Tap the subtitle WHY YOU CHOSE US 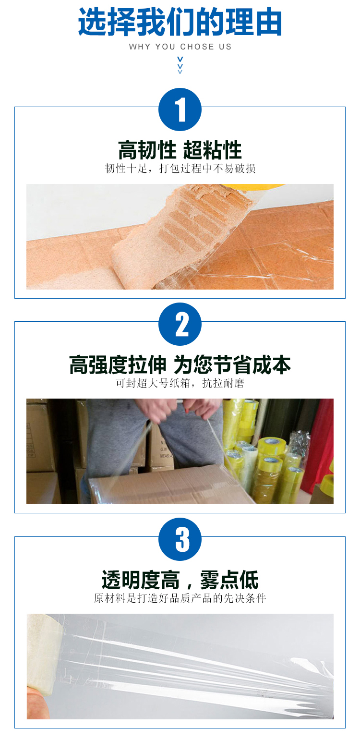click(x=180, y=47)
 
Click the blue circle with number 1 click(x=180, y=109)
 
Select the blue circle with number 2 click(x=180, y=324)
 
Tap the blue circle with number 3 click(x=180, y=539)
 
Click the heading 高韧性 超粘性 click(x=180, y=150)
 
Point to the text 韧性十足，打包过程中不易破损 click(x=180, y=169)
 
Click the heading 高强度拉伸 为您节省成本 click(x=180, y=365)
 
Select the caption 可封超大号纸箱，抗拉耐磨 click(x=180, y=383)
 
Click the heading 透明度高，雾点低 click(x=180, y=580)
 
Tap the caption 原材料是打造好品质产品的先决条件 click(x=180, y=598)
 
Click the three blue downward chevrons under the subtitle click(x=180, y=65)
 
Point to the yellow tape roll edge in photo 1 click(x=261, y=187)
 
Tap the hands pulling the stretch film click(x=179, y=409)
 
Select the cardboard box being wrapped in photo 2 click(x=168, y=485)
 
